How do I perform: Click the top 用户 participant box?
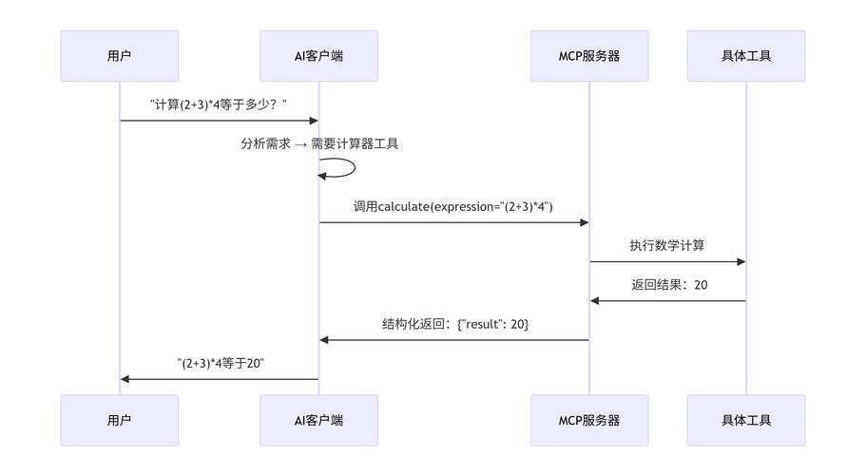(x=119, y=55)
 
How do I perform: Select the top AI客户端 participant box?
(x=318, y=55)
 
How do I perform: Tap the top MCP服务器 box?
(x=589, y=55)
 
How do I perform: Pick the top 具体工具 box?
(x=746, y=55)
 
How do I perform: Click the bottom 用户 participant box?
(x=119, y=420)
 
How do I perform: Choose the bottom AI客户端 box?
(x=318, y=420)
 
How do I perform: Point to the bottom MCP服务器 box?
(x=589, y=420)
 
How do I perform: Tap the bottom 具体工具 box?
(x=746, y=420)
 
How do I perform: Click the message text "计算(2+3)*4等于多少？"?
(x=219, y=104)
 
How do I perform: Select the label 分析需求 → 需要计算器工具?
(x=319, y=144)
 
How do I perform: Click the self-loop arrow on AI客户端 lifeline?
(x=352, y=168)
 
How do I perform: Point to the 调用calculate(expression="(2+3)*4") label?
(x=453, y=206)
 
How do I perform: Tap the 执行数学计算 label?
(x=667, y=245)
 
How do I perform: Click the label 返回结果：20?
(x=669, y=284)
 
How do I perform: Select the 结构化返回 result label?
(x=455, y=324)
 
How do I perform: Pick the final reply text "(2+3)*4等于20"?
(x=221, y=363)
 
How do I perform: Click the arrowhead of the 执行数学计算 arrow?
(x=741, y=261)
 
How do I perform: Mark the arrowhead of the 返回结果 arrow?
(x=595, y=300)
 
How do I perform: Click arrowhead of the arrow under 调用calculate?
(x=584, y=222)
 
